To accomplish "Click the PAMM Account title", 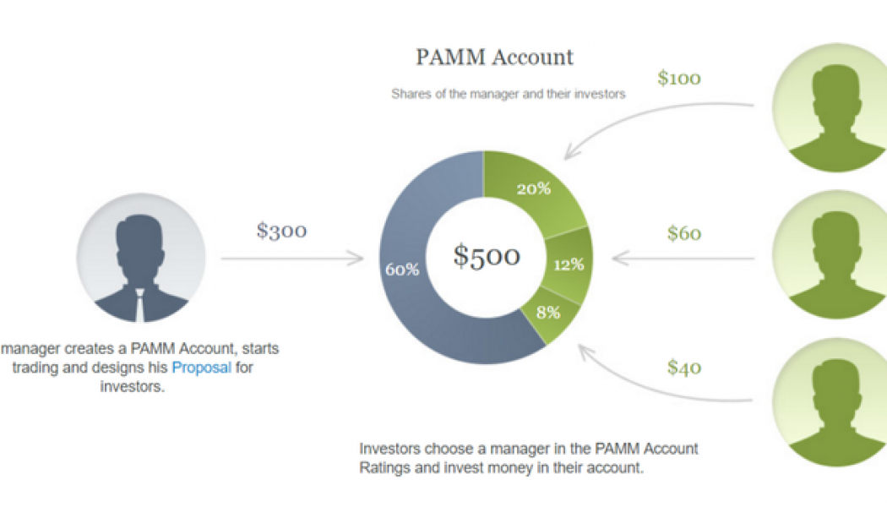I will click(494, 57).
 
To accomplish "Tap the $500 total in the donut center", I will click(486, 255).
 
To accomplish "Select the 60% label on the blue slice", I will click(402, 270).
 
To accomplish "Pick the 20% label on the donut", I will click(533, 188).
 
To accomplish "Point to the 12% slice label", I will click(569, 264).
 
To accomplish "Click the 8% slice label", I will click(548, 312).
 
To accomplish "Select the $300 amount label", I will click(281, 230).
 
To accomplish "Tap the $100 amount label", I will click(678, 79).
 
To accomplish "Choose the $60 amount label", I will click(683, 233).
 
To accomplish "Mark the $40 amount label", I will click(683, 368).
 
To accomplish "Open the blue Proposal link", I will click(201, 368).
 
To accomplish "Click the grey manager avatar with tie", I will click(140, 258).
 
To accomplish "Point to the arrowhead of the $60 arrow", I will click(618, 256).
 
